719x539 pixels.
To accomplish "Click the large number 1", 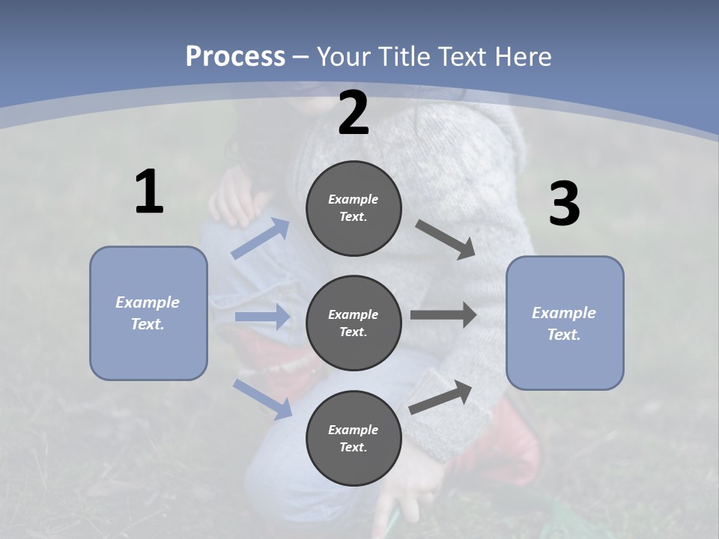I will pos(149,192).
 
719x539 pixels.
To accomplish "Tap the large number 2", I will pos(354,114).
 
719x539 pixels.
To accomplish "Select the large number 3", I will pos(564,204).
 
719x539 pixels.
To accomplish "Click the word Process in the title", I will pos(235,56).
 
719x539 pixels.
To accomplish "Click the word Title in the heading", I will pos(400,56).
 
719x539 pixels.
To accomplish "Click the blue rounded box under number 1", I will pos(148,313).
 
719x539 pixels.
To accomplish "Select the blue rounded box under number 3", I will pos(565,323).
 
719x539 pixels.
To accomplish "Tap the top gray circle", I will pos(354,208).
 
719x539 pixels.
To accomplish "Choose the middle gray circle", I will pos(354,323).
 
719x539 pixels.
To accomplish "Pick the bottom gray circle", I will pos(354,438).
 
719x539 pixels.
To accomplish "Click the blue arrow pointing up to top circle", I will pos(261,239).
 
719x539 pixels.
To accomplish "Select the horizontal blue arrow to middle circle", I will pos(262,317).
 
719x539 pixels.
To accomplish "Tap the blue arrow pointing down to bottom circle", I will pos(263,399).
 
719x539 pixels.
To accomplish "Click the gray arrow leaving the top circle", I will pos(446,240).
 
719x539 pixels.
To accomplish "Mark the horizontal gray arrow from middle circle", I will pos(443,315).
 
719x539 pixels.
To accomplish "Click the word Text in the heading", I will pos(459,56).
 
